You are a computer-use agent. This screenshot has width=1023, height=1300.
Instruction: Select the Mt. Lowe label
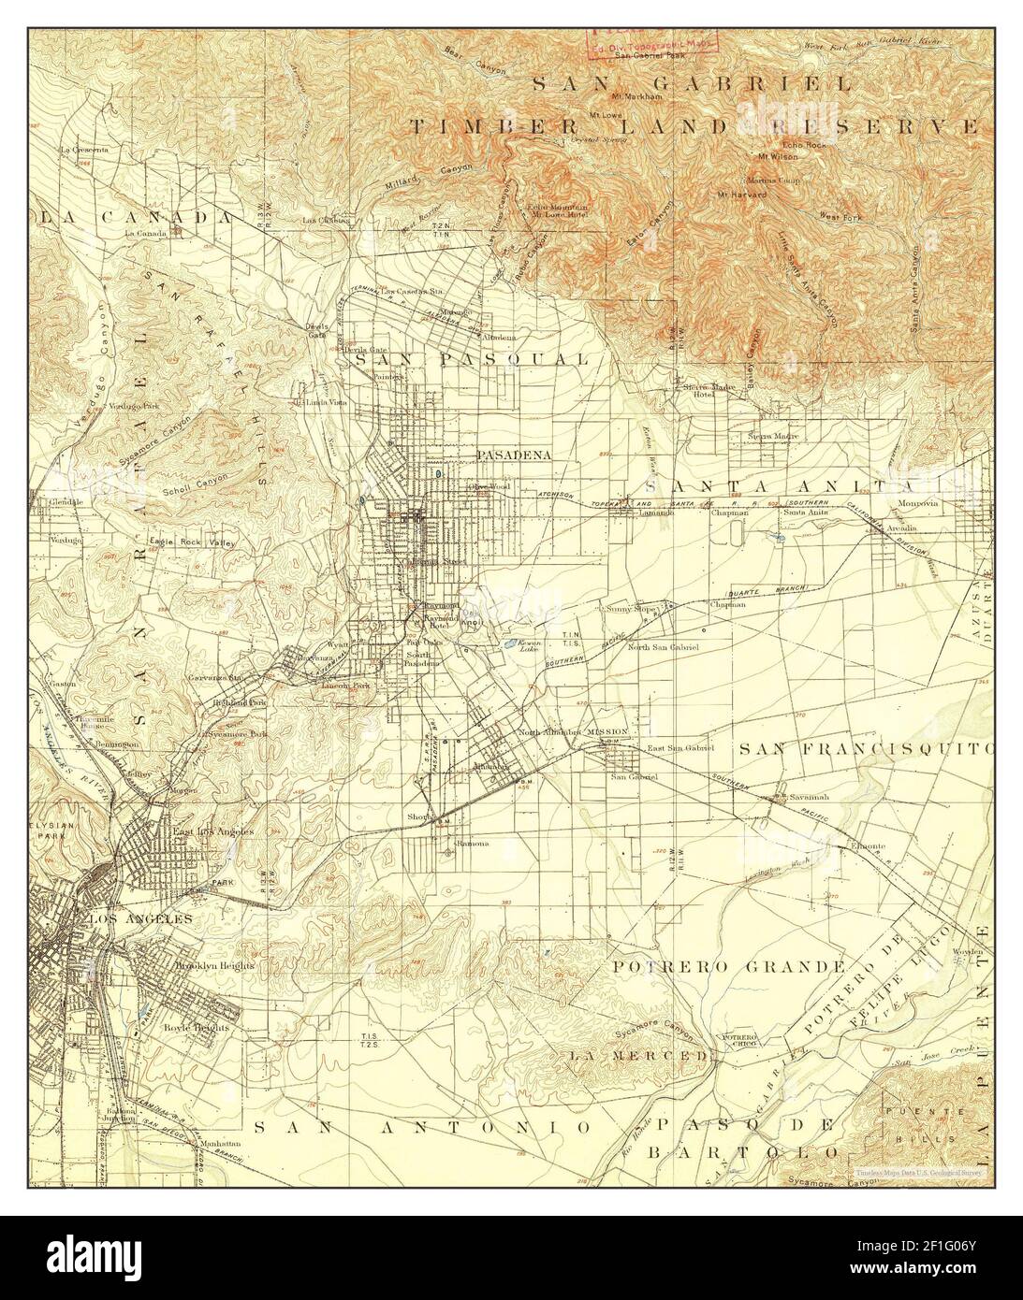[x=606, y=115]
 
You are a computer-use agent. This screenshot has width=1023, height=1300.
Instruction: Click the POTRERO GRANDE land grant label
[x=729, y=965]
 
